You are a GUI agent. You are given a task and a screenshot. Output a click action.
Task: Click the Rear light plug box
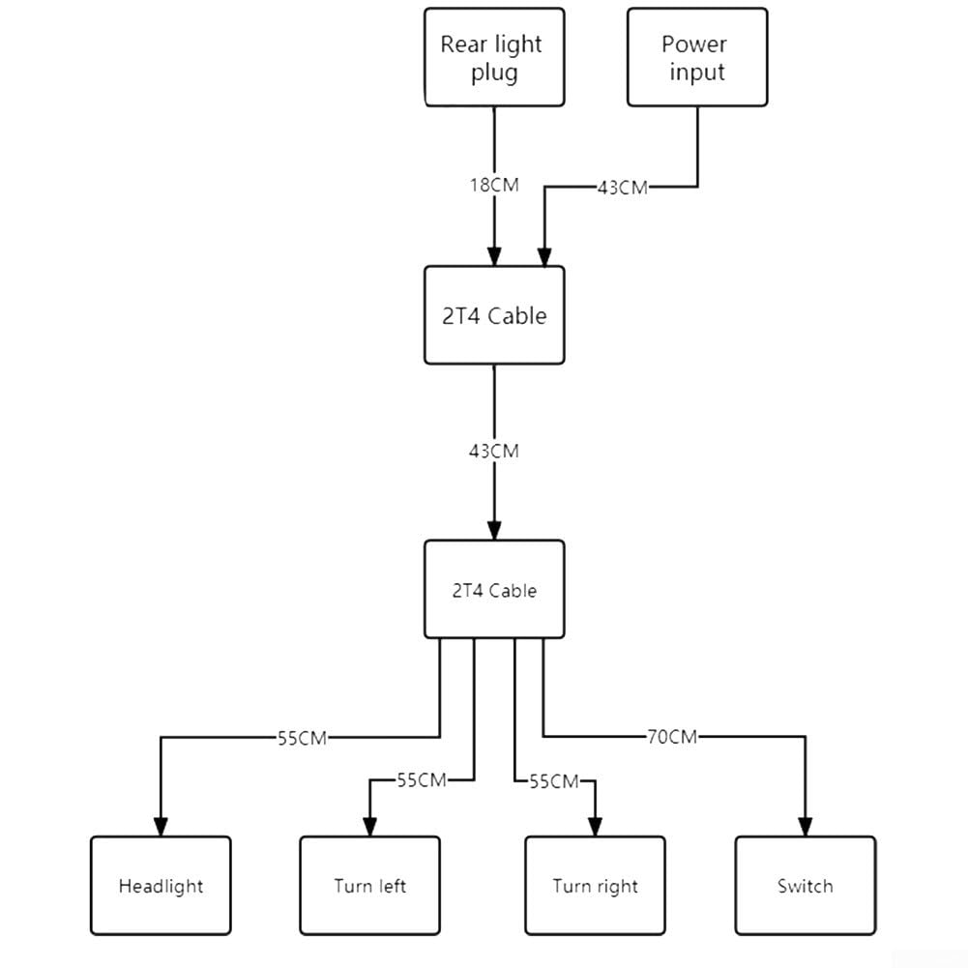coord(494,57)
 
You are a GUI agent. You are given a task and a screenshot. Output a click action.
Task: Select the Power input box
coord(697,57)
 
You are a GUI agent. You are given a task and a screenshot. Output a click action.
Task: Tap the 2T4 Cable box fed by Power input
coord(494,315)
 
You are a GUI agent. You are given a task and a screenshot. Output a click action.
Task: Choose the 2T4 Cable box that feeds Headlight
coord(494,590)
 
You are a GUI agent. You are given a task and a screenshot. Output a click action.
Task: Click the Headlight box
coord(161,886)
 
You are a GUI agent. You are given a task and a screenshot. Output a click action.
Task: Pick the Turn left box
coord(369,886)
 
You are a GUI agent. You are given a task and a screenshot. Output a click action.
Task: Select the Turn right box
coord(595,886)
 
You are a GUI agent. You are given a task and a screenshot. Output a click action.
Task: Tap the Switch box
coord(805,886)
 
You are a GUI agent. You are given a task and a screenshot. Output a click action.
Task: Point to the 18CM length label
coord(494,186)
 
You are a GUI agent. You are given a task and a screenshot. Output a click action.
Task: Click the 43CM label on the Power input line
coord(623,188)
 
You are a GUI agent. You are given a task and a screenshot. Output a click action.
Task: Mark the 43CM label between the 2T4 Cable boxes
coord(494,452)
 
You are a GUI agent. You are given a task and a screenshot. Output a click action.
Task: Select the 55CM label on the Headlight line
coord(302,739)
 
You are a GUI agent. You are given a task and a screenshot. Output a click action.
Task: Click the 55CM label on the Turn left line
coord(422,780)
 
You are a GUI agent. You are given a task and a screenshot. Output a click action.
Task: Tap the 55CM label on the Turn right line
coord(554,781)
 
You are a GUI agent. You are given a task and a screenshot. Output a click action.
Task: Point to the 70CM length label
coord(672,737)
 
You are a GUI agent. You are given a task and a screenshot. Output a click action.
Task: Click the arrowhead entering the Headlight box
coord(161,827)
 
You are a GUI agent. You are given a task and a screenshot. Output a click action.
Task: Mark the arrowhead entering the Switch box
coord(805,827)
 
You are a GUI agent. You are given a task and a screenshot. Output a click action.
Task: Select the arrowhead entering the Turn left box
coord(369,827)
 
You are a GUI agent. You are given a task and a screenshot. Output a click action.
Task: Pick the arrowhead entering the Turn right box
coord(595,827)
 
